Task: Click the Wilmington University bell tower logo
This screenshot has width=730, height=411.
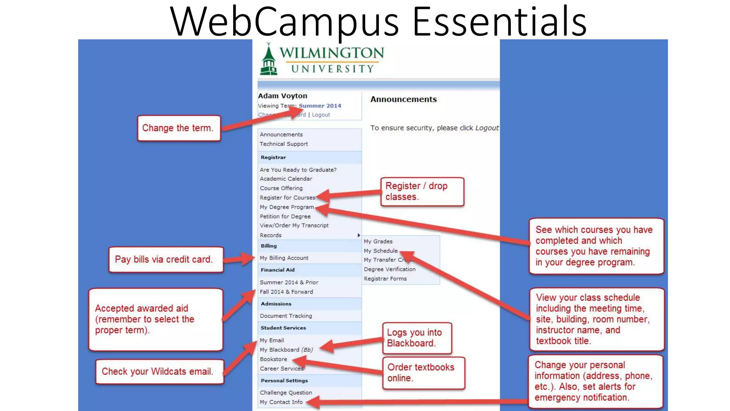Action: pos(268,60)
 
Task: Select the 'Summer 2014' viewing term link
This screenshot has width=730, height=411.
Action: pos(320,106)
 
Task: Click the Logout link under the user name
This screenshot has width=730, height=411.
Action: pos(321,115)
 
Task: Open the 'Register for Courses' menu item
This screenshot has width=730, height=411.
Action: pos(287,198)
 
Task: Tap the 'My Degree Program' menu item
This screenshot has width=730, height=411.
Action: pos(287,207)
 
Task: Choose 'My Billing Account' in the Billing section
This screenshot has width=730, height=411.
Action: pos(284,258)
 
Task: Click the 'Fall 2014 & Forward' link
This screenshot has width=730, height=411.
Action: pos(286,292)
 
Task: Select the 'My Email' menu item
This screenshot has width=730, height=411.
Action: pos(272,340)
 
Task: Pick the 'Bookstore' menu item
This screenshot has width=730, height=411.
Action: pos(273,359)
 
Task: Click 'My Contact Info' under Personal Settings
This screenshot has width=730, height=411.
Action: pos(281,402)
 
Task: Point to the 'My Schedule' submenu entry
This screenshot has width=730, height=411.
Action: pos(380,251)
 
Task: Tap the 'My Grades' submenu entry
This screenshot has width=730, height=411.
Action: pos(378,242)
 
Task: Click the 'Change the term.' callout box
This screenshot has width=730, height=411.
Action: pos(179,128)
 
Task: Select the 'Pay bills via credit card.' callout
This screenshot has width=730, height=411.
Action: pos(166,259)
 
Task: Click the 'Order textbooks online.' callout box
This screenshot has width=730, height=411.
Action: pos(423,373)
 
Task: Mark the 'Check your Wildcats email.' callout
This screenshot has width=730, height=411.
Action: pos(159,371)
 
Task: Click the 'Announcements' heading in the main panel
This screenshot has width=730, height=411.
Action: pos(403,99)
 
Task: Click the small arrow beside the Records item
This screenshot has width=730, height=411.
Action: pos(359,235)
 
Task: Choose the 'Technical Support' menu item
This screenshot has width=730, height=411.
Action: pos(283,144)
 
